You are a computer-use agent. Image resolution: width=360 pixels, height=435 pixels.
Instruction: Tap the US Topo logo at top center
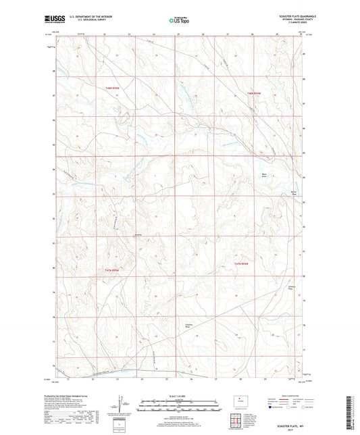[179, 21]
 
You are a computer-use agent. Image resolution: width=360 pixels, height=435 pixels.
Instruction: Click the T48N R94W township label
[253, 93]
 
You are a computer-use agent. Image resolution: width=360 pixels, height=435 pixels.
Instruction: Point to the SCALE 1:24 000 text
[180, 396]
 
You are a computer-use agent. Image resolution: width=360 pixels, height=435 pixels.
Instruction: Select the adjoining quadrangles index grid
[240, 421]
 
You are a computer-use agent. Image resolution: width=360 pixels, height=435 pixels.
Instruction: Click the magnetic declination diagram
[120, 406]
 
